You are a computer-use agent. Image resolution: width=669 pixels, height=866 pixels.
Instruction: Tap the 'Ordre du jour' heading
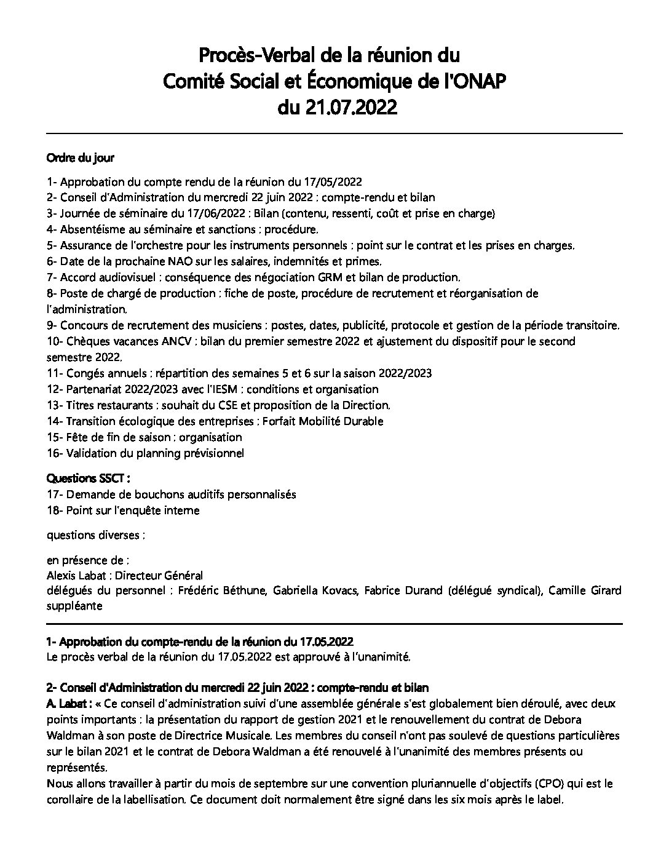[x=80, y=157]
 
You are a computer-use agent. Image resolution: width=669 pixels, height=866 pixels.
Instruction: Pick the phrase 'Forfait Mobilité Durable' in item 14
[x=323, y=421]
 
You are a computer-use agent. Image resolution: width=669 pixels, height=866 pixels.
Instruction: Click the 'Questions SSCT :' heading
[x=89, y=478]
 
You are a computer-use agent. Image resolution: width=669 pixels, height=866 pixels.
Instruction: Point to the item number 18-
[x=55, y=510]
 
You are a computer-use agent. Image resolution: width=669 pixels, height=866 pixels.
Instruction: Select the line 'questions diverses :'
[x=96, y=535]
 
